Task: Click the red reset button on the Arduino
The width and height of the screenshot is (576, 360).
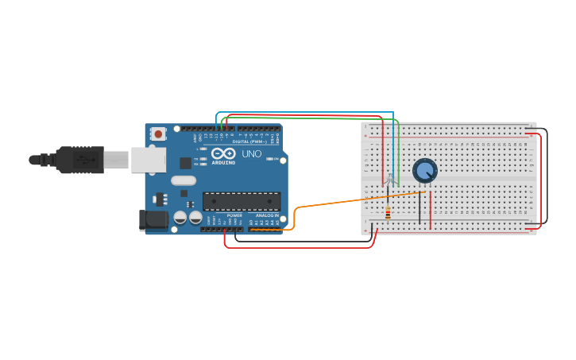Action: pyautogui.click(x=158, y=134)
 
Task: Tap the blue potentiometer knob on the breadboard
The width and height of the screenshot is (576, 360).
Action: pyautogui.click(x=425, y=170)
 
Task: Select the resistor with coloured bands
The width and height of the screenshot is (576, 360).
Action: pyautogui.click(x=388, y=213)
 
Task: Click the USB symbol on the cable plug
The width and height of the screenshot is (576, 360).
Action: pyautogui.click(x=83, y=160)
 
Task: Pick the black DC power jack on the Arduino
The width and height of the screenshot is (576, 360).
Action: pyautogui.click(x=153, y=220)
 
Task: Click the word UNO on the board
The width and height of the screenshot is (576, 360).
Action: pyautogui.click(x=251, y=153)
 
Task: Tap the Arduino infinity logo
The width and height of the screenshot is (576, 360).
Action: pyautogui.click(x=223, y=153)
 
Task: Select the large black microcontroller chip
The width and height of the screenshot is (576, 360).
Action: pyautogui.click(x=242, y=201)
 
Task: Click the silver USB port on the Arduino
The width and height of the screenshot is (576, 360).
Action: pyautogui.click(x=149, y=160)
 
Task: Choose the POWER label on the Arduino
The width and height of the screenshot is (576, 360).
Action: pyautogui.click(x=234, y=215)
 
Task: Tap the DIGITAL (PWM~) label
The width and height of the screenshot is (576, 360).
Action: pyautogui.click(x=249, y=141)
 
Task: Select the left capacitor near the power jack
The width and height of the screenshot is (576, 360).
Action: pyautogui.click(x=180, y=216)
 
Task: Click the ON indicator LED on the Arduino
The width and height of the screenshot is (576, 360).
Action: pyautogui.click(x=271, y=159)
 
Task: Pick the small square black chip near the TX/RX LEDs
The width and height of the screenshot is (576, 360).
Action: pyautogui.click(x=185, y=163)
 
